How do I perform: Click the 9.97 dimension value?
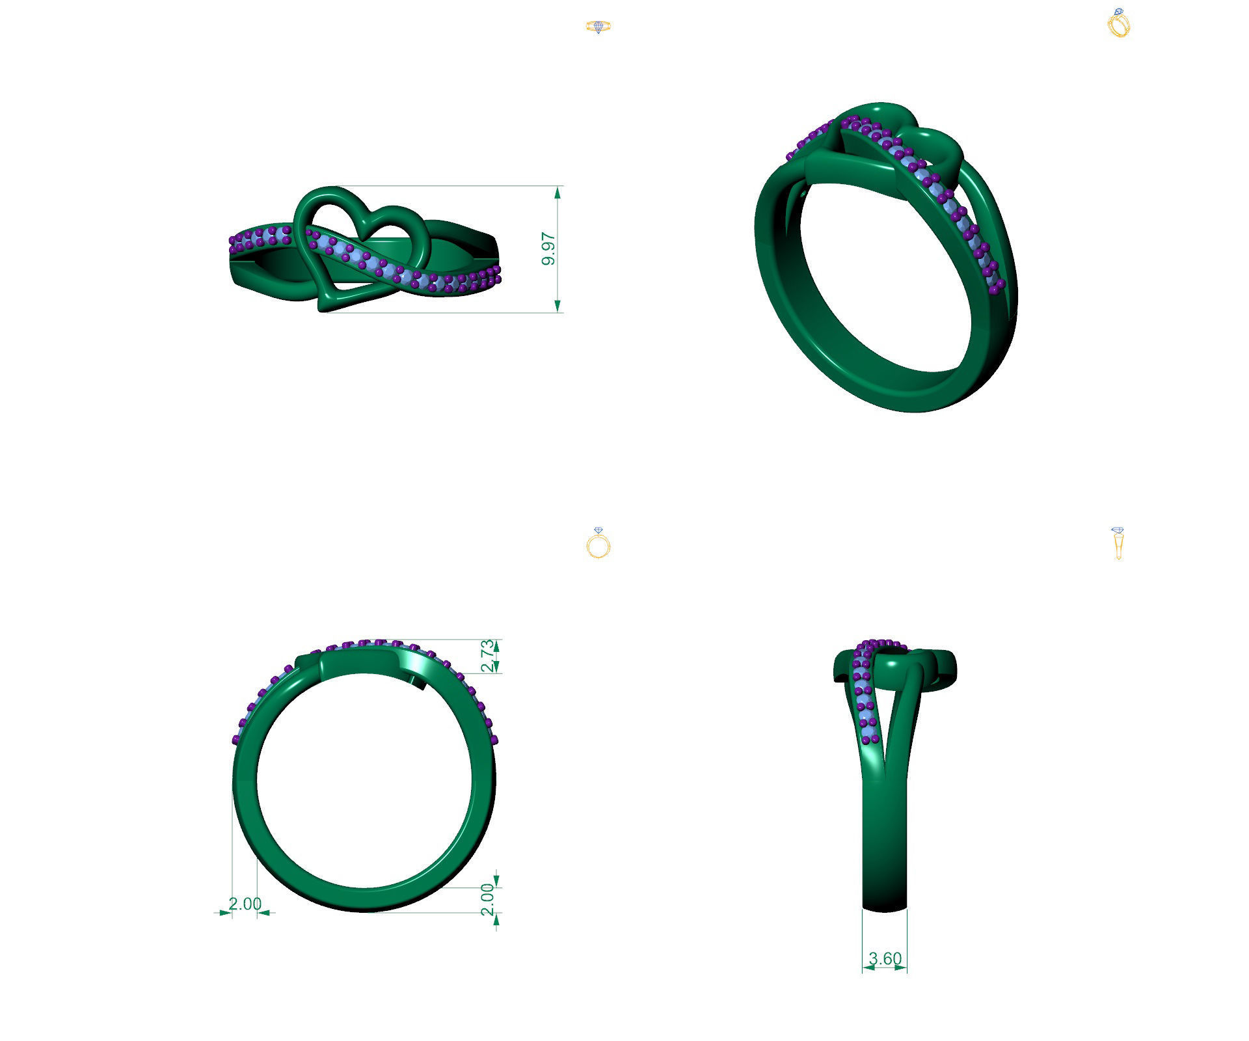548,249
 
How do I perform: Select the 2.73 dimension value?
487,656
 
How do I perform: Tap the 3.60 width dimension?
885,958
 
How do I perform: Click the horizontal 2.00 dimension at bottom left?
245,904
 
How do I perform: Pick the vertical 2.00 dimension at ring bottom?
487,899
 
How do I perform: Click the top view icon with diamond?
598,27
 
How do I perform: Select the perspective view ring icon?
1119,23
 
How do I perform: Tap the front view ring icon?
598,543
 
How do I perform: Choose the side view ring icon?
1118,544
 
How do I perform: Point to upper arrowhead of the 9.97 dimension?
557,193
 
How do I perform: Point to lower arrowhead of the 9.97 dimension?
557,306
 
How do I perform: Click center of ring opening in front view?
364,781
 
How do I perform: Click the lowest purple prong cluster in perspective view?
997,287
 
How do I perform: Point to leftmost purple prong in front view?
235,739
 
